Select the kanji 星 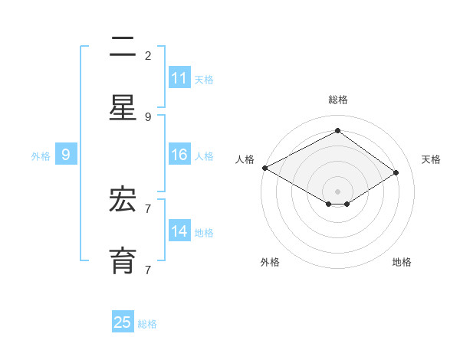123,108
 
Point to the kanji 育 123,261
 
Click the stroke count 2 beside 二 148,56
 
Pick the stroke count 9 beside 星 148,117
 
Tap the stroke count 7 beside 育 148,270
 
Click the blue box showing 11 179,78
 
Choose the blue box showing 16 179,155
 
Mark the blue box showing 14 179,231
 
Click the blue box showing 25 123,322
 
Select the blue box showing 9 66,155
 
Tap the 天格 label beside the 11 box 204,79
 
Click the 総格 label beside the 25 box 147,324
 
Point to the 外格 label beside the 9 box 41,155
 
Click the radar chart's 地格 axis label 402,262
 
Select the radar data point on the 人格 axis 264,168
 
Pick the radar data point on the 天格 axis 396,172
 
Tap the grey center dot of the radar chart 337,191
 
